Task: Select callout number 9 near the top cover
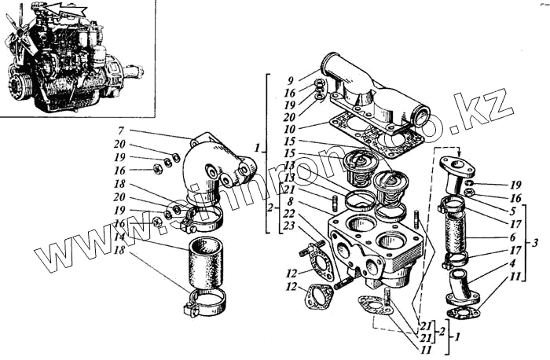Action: [289, 79]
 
